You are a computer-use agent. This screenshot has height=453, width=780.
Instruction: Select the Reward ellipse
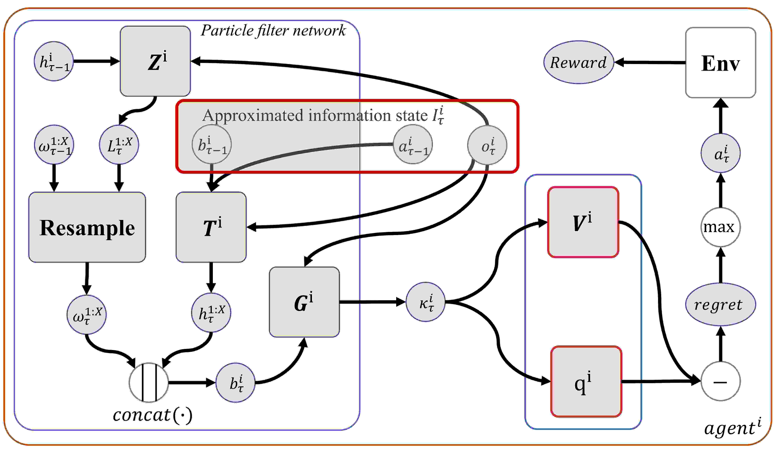tap(578, 62)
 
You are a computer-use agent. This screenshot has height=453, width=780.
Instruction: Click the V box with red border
tap(583, 222)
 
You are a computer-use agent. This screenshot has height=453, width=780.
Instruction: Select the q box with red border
tap(586, 381)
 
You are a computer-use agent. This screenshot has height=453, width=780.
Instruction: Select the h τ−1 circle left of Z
tap(54, 61)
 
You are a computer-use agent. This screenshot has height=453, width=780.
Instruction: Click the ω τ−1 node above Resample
tap(54, 145)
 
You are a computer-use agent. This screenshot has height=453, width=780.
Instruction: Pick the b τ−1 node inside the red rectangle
tap(212, 145)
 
